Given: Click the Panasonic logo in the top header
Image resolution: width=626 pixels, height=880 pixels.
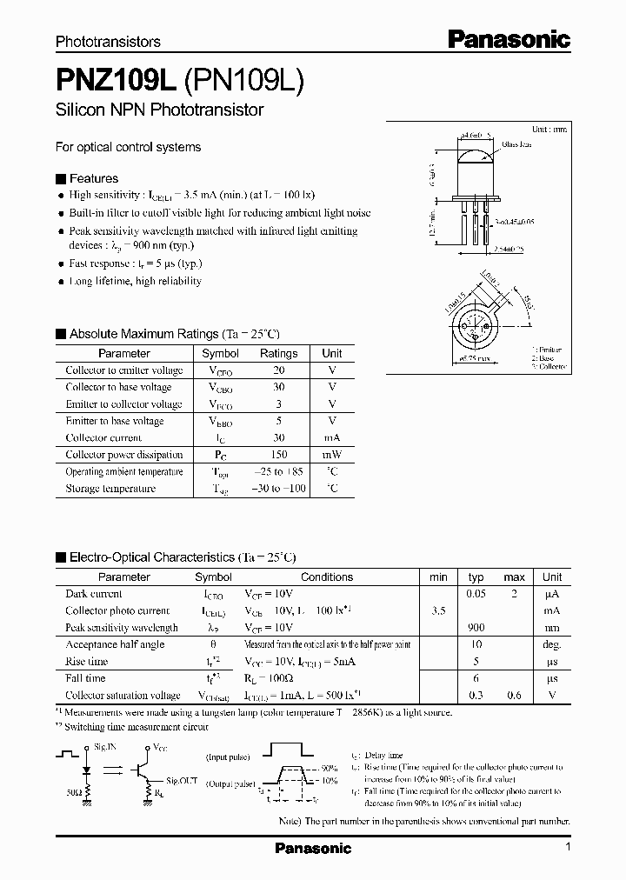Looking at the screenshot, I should pyautogui.click(x=509, y=39).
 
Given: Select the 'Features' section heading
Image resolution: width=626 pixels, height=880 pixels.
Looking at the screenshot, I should pyautogui.click(x=93, y=178).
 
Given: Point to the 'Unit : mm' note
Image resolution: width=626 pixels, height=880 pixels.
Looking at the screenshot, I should pyautogui.click(x=549, y=128).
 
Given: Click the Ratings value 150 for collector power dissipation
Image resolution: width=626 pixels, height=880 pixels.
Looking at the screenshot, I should pyautogui.click(x=278, y=455).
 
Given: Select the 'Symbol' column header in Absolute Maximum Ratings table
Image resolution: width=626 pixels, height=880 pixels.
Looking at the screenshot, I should pyautogui.click(x=220, y=354).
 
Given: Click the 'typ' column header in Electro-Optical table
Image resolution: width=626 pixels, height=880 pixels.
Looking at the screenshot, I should pyautogui.click(x=476, y=577).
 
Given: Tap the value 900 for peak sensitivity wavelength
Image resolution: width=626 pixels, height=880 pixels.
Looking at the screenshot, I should pyautogui.click(x=476, y=628).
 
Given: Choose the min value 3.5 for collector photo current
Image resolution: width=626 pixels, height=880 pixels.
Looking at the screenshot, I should pyautogui.click(x=438, y=611).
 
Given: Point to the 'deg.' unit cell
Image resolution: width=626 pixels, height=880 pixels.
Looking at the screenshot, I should pyautogui.click(x=552, y=645).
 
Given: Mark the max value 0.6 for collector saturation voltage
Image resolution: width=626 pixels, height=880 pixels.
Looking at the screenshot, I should pyautogui.click(x=515, y=696).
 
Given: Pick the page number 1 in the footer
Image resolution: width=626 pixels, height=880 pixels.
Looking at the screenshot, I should pyautogui.click(x=567, y=847).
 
